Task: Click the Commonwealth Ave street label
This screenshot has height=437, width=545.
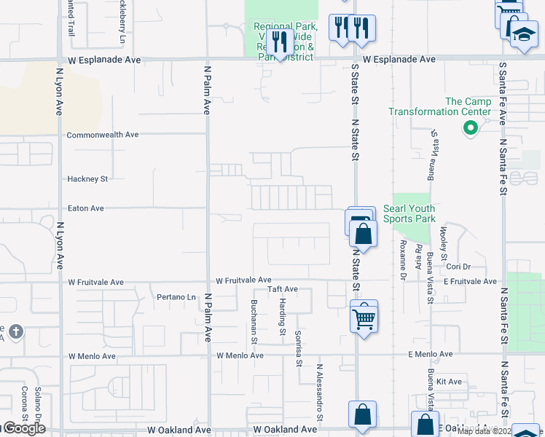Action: coord(102,135)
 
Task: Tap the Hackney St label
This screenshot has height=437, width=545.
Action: coord(87,178)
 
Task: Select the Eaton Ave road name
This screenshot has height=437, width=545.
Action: coord(86,208)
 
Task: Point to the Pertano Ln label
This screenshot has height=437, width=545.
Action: coord(177,297)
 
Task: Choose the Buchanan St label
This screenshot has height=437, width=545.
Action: coord(254,321)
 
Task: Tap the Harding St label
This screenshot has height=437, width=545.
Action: coord(283,321)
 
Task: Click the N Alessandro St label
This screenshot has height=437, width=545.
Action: coord(319,393)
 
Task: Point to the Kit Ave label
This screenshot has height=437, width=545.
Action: coord(450,382)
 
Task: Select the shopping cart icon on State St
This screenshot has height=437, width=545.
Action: coord(364,317)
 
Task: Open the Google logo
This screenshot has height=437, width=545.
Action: coord(23,428)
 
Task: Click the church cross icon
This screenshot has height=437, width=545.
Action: coord(16,333)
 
